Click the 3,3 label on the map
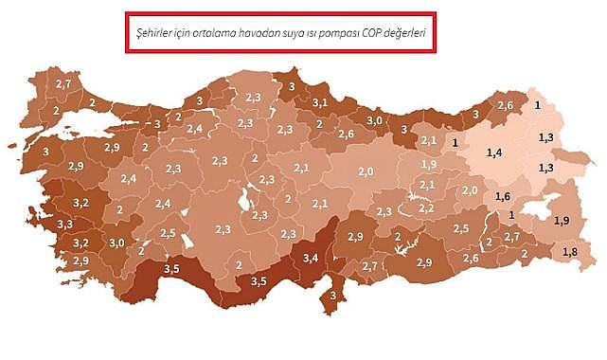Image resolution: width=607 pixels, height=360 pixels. [64, 225]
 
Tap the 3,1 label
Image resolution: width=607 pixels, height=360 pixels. [320, 101]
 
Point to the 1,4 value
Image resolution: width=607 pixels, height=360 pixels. [493, 153]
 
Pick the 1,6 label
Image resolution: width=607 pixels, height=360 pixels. [503, 196]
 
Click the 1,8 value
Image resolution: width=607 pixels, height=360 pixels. [569, 251]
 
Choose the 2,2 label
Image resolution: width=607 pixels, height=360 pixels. [426, 207]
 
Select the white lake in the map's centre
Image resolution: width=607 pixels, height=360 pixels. [246, 200]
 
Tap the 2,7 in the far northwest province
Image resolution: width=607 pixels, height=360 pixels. [63, 85]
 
